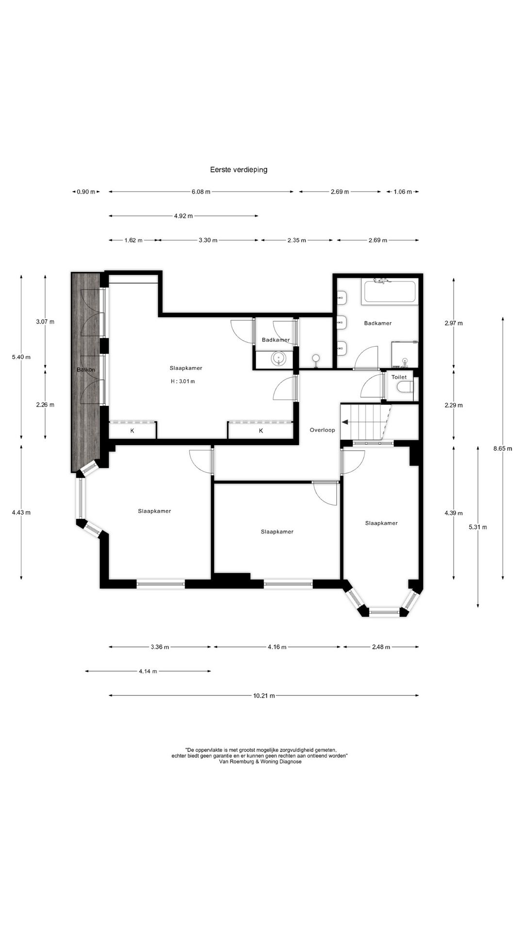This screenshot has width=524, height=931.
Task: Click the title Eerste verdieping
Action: pos(238,170)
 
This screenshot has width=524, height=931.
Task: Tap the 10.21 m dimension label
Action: pos(264,695)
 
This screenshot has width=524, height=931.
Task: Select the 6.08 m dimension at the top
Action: pos(201,192)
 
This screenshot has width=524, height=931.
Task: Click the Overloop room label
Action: pos(322,430)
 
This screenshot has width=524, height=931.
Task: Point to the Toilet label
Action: pos(399,377)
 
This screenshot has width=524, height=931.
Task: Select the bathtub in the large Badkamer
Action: pos(390,292)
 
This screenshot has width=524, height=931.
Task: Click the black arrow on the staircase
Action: pos(345,422)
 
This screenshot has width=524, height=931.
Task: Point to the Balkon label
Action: pos(85,370)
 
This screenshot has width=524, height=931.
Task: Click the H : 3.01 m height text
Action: pos(183,381)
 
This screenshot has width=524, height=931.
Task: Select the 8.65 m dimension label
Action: pos(503,449)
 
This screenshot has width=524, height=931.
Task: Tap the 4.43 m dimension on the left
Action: pos(21,512)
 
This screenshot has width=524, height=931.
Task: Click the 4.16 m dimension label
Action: pos(277,647)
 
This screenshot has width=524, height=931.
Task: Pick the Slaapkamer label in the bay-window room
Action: pos(381,523)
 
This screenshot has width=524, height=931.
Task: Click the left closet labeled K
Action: pos(132,431)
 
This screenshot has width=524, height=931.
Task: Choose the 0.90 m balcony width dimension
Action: pos(86,192)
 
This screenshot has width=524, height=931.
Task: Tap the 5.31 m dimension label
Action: pos(478,527)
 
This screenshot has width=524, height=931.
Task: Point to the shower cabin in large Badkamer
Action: pos(405,354)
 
